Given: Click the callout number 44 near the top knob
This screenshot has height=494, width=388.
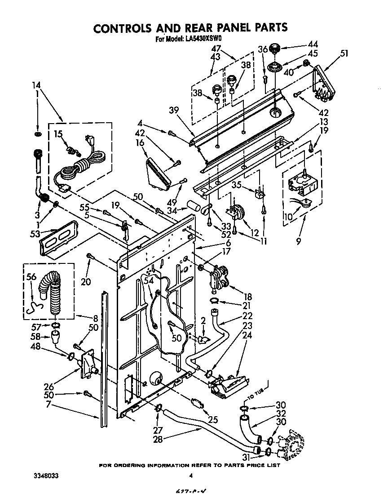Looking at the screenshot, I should point(312,45).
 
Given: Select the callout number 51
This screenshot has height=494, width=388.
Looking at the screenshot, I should point(344,53).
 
